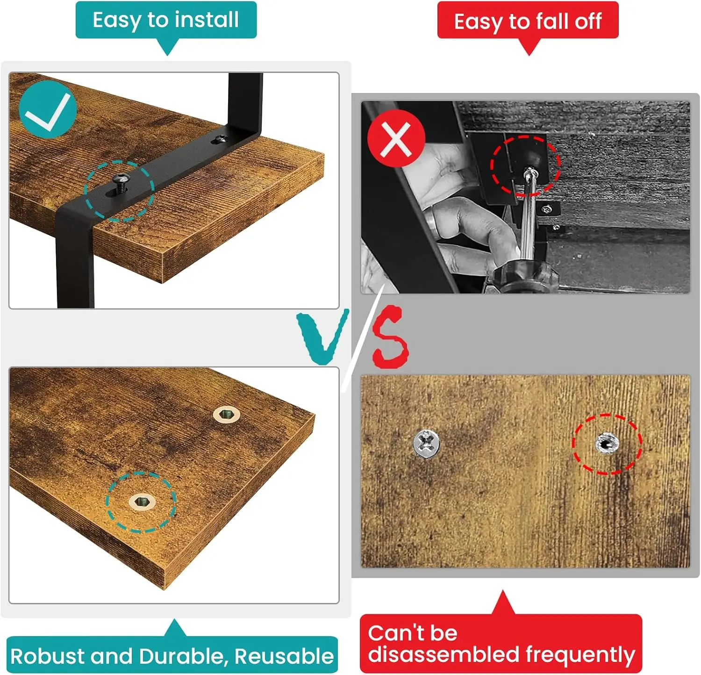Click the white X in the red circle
396,139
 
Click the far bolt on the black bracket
220,139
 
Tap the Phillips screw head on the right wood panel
426,443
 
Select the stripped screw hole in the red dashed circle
607,443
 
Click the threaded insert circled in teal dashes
143,502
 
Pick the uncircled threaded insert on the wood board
227,414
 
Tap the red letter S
391,337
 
